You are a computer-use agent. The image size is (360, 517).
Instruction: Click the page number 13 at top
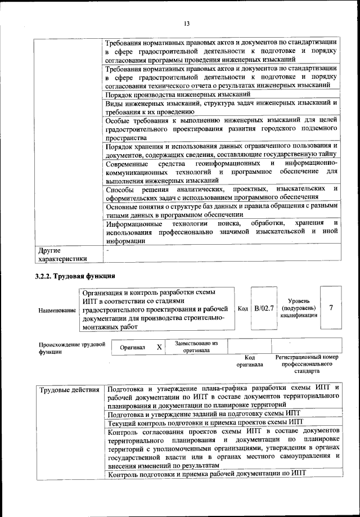click(x=186, y=23)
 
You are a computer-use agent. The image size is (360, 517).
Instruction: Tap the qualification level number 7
click(x=331, y=308)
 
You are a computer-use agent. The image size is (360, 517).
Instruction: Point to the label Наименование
click(x=57, y=310)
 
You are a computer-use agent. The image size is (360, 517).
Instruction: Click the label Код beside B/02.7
click(x=242, y=308)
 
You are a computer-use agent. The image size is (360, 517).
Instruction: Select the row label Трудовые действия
click(x=70, y=389)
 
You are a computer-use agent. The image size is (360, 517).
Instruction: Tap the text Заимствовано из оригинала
click(x=196, y=346)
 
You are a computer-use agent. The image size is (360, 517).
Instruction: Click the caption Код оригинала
click(x=250, y=361)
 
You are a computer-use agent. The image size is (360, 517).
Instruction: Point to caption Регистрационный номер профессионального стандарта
click(x=307, y=364)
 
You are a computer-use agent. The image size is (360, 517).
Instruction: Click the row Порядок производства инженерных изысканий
click(x=178, y=95)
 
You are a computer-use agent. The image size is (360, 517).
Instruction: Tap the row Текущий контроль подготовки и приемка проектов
click(x=205, y=421)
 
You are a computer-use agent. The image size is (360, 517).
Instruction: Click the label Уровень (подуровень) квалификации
click(x=298, y=308)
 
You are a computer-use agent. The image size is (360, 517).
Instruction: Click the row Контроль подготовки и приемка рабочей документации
click(x=205, y=474)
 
